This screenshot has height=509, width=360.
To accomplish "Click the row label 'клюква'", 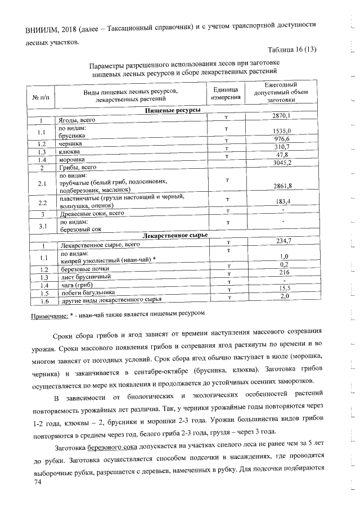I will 70,152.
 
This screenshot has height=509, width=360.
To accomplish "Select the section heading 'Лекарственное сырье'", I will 173,235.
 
